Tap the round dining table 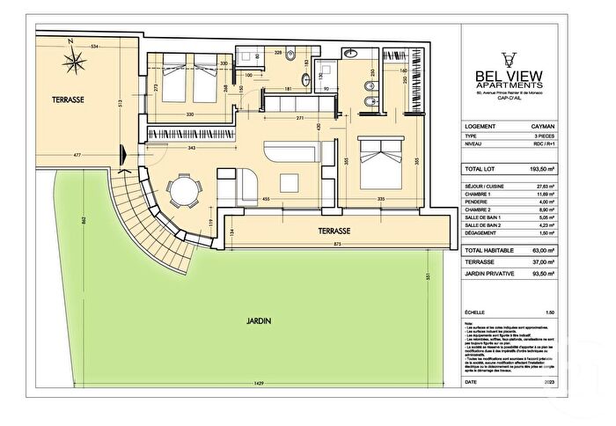click(x=182, y=190)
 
